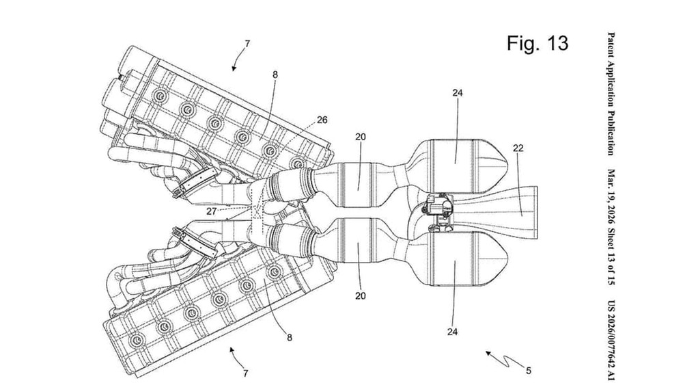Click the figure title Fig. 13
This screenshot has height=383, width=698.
538,43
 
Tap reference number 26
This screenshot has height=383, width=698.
322,120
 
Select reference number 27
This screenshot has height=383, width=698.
212,211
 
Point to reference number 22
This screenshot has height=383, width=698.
518,148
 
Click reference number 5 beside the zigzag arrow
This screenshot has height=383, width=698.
529,371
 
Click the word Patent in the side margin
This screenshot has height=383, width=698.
611,46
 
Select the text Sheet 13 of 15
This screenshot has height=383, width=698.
611,258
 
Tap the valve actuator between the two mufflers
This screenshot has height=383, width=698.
438,207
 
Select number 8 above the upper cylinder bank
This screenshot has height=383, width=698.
275,75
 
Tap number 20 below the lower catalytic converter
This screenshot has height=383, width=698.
360,295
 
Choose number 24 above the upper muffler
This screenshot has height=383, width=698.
458,93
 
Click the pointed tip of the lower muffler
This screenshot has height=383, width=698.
508,258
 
